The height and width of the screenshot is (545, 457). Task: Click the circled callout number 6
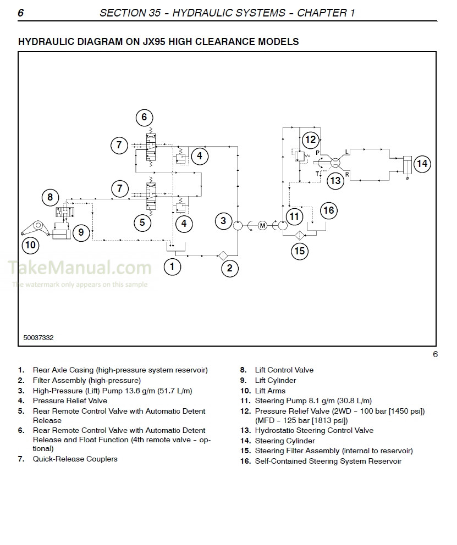tap(144, 117)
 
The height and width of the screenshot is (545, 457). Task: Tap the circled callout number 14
tap(422, 164)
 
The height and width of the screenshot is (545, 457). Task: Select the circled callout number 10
tap(30, 244)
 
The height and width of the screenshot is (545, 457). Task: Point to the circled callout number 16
tap(328, 210)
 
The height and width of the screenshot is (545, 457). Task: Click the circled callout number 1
tap(172, 267)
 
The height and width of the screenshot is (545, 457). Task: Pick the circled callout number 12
tap(311, 140)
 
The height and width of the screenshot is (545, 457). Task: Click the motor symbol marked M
tap(262, 225)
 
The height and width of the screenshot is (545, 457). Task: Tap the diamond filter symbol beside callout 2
tap(223, 255)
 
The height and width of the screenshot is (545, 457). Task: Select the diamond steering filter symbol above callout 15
tap(299, 235)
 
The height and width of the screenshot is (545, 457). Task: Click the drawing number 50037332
tap(38, 338)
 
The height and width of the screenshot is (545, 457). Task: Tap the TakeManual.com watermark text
tap(80, 268)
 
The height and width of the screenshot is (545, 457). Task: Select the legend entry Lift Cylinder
tap(275, 380)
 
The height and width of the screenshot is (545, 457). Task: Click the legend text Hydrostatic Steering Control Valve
tap(313, 430)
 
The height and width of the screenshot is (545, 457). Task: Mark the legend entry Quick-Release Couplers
tap(75, 459)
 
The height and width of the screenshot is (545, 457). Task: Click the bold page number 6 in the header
tap(21, 13)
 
